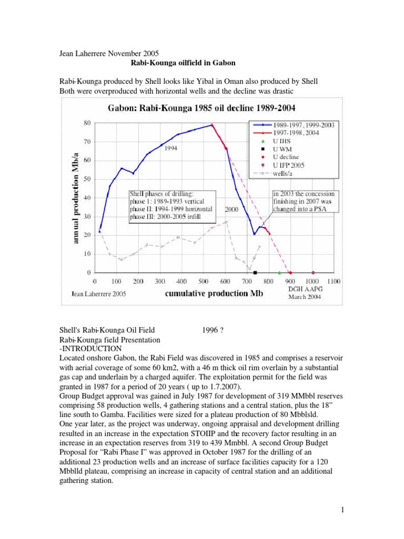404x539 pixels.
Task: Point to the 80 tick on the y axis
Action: pos(87,123)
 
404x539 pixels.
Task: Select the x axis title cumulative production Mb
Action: pos(207,293)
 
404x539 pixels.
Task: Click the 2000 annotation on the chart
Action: pos(232,209)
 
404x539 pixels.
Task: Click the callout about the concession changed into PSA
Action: pos(305,202)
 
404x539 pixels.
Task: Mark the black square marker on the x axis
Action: pos(255,273)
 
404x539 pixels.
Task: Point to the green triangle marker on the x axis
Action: pos(279,273)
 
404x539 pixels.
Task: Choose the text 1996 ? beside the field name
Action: pos(214,330)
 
